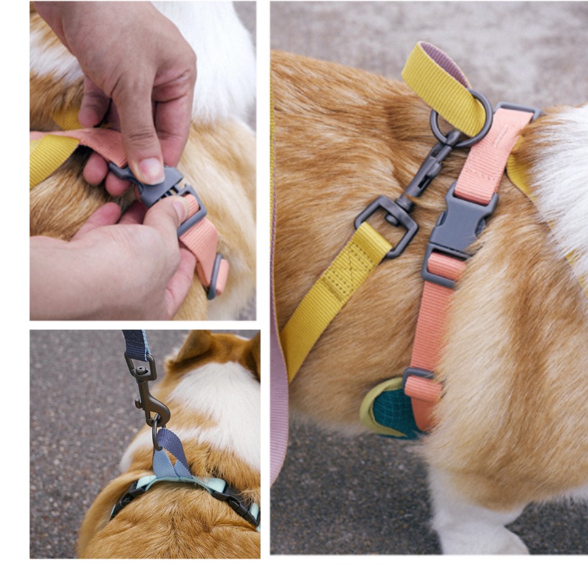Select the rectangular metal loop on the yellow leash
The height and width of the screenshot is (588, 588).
point(387,220)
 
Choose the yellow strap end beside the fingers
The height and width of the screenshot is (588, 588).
point(49,157)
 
